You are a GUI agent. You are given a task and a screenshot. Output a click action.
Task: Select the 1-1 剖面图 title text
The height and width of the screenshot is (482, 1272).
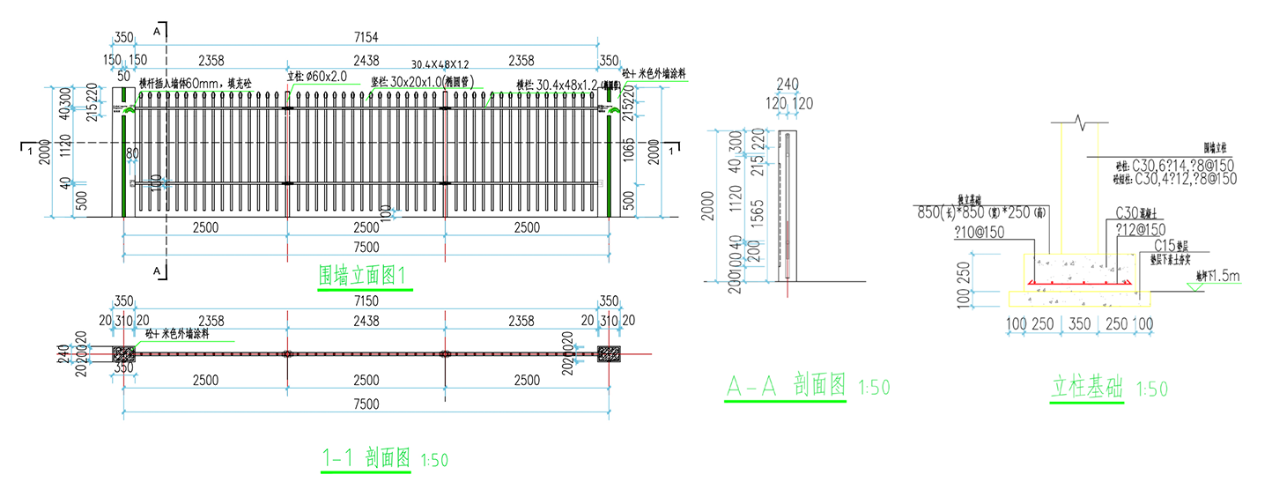point(366,458)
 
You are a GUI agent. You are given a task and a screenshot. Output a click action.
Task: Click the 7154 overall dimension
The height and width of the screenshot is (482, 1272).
point(366,36)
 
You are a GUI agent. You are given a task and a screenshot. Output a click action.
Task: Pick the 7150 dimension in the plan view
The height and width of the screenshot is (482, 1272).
point(366,302)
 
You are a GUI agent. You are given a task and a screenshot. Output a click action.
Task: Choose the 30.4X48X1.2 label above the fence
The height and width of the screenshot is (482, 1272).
point(440,65)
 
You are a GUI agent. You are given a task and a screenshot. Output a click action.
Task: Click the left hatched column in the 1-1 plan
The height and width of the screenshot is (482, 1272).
point(124,353)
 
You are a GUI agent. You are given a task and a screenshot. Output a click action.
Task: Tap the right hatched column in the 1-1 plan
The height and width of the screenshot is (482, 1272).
point(608,353)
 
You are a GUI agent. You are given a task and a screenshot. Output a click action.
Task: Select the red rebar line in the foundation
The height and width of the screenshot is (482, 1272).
point(1080,283)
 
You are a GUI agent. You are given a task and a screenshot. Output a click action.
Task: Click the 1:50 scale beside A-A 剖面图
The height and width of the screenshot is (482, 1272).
point(875,388)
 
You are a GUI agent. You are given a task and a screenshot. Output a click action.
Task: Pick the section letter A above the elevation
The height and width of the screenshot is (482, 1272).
point(157,31)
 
